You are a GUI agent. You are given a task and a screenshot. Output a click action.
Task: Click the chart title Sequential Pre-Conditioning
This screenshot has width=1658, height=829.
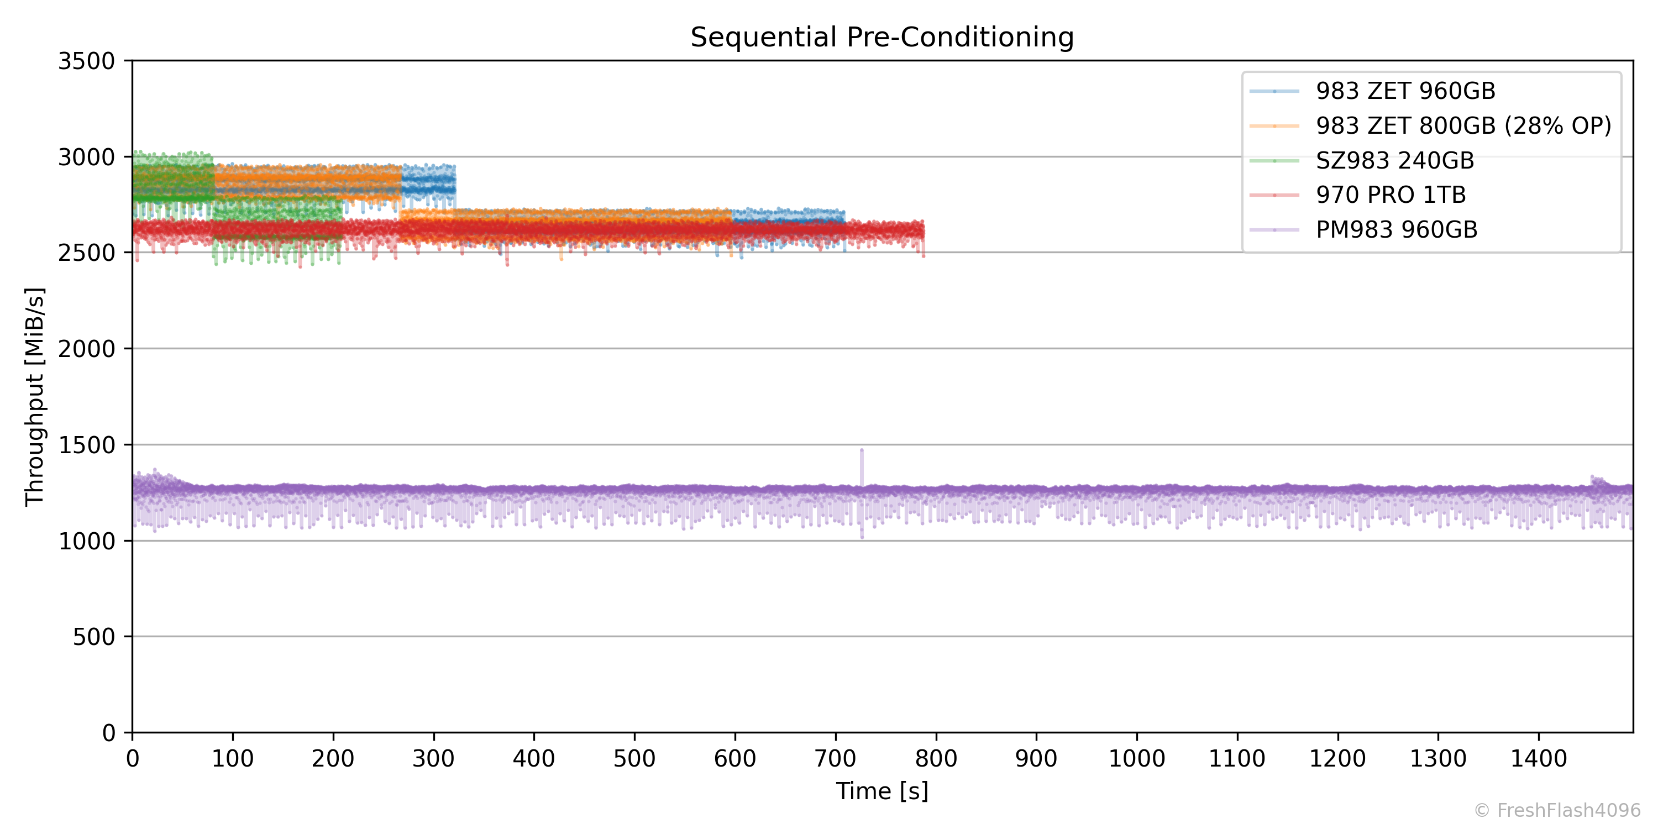pyautogui.click(x=882, y=38)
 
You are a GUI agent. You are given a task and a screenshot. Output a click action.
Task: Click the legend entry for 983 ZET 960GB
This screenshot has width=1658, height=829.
pyautogui.click(x=1405, y=91)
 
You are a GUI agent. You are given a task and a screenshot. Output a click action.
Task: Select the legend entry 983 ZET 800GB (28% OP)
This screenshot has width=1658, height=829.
pyautogui.click(x=1463, y=126)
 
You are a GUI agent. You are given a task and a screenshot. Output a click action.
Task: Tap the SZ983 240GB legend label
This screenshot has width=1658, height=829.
pyautogui.click(x=1394, y=161)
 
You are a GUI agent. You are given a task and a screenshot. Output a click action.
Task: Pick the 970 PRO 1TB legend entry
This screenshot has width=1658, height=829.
pyautogui.click(x=1391, y=195)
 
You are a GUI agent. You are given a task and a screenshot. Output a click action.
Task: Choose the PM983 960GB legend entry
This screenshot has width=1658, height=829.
pyautogui.click(x=1396, y=230)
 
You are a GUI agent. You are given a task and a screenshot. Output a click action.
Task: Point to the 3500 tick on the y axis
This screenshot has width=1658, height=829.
pyautogui.click(x=86, y=62)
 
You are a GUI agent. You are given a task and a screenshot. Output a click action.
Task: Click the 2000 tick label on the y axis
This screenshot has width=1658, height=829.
pyautogui.click(x=86, y=349)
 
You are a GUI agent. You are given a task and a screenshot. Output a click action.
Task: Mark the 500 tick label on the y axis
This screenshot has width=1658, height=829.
pyautogui.click(x=93, y=637)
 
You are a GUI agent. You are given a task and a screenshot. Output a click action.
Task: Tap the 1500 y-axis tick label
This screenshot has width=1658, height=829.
pyautogui.click(x=86, y=445)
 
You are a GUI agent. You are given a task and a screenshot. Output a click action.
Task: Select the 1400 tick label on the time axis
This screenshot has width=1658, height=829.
pyautogui.click(x=1538, y=759)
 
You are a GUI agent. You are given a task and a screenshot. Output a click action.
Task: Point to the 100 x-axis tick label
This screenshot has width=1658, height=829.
pyautogui.click(x=232, y=759)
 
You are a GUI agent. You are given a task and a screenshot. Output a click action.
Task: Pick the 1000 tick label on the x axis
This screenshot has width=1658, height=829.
pyautogui.click(x=1136, y=759)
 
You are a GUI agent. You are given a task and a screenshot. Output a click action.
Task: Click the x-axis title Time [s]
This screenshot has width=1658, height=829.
pyautogui.click(x=882, y=791)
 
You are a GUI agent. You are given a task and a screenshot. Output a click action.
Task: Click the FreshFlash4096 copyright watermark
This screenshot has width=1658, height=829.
pyautogui.click(x=1557, y=810)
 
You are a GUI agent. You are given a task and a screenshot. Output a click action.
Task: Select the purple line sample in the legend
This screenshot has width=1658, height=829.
pyautogui.click(x=1274, y=230)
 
